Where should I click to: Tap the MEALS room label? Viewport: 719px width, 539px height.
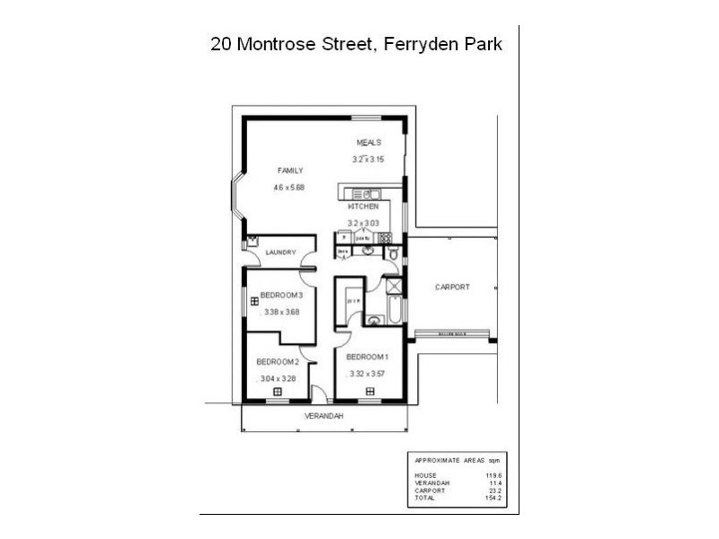pyautogui.click(x=368, y=143)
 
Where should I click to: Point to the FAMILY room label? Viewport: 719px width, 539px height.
pyautogui.click(x=290, y=170)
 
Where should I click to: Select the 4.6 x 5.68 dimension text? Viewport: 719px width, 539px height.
pyautogui.click(x=290, y=188)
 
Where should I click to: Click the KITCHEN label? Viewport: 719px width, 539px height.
pyautogui.click(x=362, y=207)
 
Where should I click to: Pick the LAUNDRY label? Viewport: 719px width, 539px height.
pyautogui.click(x=280, y=252)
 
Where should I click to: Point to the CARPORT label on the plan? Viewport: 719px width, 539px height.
pyautogui.click(x=452, y=287)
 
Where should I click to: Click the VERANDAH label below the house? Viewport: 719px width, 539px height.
pyautogui.click(x=322, y=416)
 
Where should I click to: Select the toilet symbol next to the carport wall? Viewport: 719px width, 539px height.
pyautogui.click(x=395, y=255)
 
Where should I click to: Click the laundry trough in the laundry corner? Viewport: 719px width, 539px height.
pyautogui.click(x=251, y=240)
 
